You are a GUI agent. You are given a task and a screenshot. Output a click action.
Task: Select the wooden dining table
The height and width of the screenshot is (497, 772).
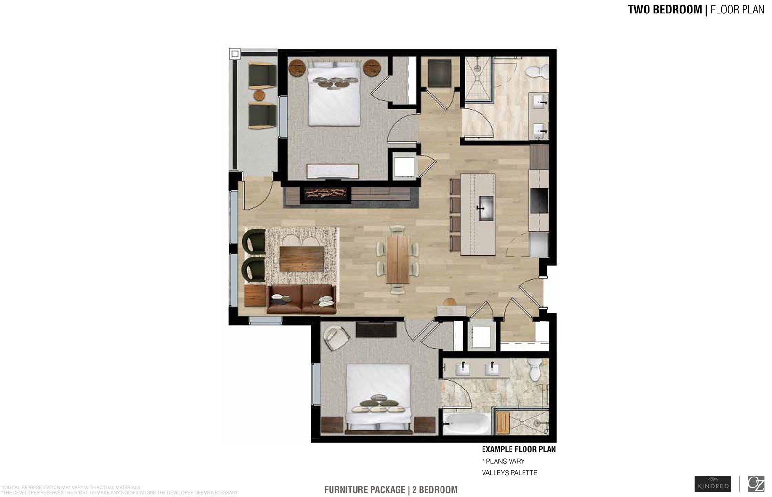(x=398, y=258)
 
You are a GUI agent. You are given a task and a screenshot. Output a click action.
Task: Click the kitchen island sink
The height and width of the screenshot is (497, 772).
(x=485, y=208)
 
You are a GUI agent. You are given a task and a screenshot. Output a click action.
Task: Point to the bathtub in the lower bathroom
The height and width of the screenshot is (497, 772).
(x=466, y=423)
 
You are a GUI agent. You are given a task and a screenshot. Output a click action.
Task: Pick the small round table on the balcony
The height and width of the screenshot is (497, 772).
(x=260, y=95)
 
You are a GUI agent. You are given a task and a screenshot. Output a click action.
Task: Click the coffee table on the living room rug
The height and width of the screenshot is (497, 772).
(x=302, y=258)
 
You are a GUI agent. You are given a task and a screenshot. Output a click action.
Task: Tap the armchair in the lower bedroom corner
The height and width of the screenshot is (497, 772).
(x=336, y=337)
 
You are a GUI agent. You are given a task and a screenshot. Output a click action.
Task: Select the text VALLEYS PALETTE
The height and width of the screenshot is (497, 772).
(x=509, y=473)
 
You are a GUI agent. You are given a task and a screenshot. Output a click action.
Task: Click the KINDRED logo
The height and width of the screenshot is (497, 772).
(x=713, y=484)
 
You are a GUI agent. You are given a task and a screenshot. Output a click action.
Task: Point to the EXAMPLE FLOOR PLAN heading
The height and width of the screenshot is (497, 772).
(x=519, y=449)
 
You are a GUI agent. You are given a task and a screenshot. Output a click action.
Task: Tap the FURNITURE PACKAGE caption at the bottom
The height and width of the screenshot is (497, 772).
(x=365, y=490)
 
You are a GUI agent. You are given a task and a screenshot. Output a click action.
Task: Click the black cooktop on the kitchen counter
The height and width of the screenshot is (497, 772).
(x=539, y=201)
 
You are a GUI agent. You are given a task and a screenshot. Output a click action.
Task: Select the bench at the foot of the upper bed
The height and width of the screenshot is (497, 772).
(x=333, y=171)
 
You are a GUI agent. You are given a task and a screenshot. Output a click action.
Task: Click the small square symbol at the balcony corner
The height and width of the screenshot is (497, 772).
(x=234, y=54)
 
